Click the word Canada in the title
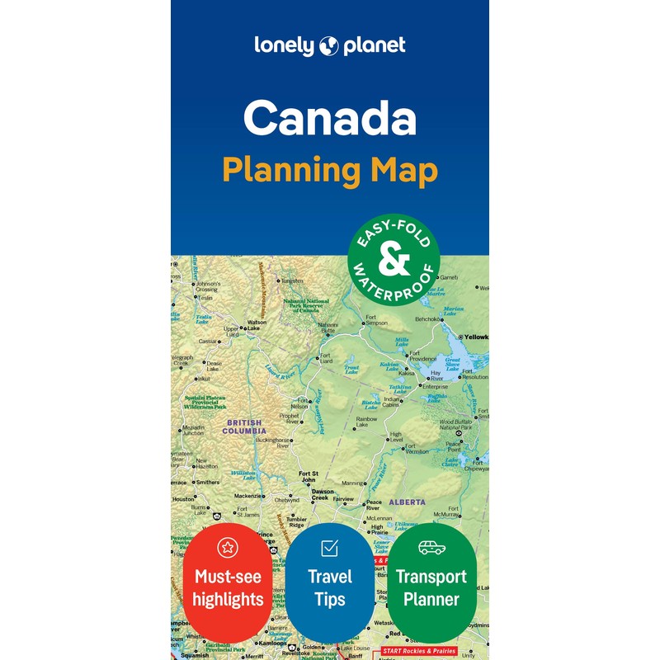tap(329, 119)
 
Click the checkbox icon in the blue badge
tap(329, 547)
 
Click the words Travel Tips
tap(329, 587)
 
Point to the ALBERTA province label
tap(408, 502)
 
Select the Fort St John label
tap(307, 476)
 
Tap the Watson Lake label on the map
tap(257, 325)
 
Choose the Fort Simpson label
tap(376, 321)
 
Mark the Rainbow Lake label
tap(367, 422)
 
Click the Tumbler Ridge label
tap(297, 521)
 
